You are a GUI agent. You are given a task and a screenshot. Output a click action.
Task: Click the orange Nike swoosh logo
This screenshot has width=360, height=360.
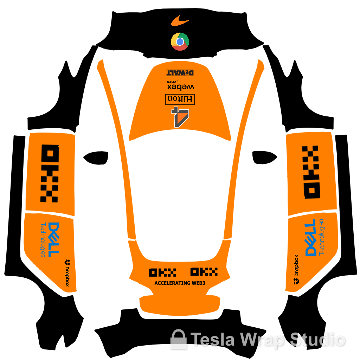[x=180, y=21]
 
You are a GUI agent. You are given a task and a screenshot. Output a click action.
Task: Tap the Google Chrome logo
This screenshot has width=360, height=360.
[x=180, y=41]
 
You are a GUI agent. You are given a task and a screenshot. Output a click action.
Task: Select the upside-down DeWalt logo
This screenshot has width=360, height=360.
[x=180, y=73]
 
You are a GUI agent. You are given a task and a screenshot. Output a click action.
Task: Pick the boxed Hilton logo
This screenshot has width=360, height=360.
[x=180, y=99]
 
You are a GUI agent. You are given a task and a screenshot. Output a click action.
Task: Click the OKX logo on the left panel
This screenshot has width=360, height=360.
[x=50, y=174]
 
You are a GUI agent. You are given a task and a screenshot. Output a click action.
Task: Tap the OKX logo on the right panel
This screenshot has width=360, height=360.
[x=311, y=172]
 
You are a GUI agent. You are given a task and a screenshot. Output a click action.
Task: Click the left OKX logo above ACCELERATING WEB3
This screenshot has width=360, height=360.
[x=162, y=272]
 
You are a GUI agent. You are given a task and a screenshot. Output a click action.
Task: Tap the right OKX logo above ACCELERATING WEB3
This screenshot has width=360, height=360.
[x=204, y=272]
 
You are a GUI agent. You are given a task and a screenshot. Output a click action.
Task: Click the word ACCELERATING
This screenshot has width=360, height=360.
[x=173, y=283]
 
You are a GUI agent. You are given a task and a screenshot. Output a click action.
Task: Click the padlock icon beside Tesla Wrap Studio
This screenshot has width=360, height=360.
[x=179, y=339]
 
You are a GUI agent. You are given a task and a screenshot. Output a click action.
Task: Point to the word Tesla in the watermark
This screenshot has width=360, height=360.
[x=213, y=340]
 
